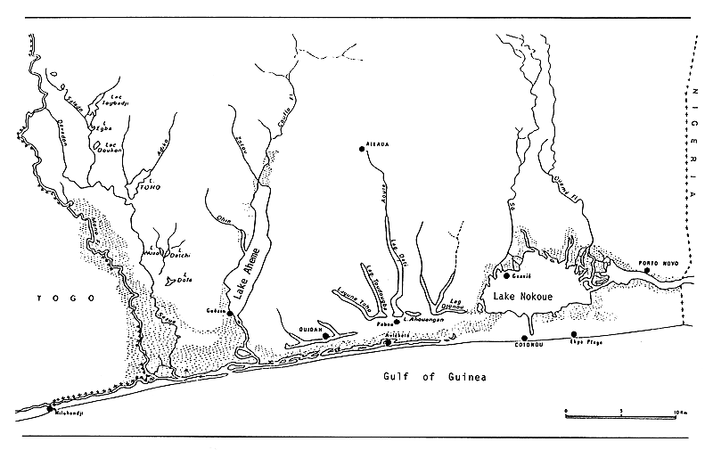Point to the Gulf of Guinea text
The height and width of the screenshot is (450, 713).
(x=437, y=377)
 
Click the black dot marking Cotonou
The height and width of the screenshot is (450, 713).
(x=524, y=337)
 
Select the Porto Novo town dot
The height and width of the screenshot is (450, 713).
(x=648, y=270)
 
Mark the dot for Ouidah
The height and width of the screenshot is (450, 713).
(x=325, y=335)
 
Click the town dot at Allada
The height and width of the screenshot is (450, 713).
(x=363, y=149)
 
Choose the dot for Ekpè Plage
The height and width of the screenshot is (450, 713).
(x=574, y=334)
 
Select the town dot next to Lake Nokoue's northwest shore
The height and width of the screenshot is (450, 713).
(x=506, y=275)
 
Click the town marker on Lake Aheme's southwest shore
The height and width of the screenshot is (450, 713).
(x=230, y=313)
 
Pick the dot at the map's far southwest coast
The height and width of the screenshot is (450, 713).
(x=37, y=408)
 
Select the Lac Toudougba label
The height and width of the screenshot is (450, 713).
(x=375, y=282)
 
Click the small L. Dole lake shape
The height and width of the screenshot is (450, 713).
(x=175, y=280)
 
